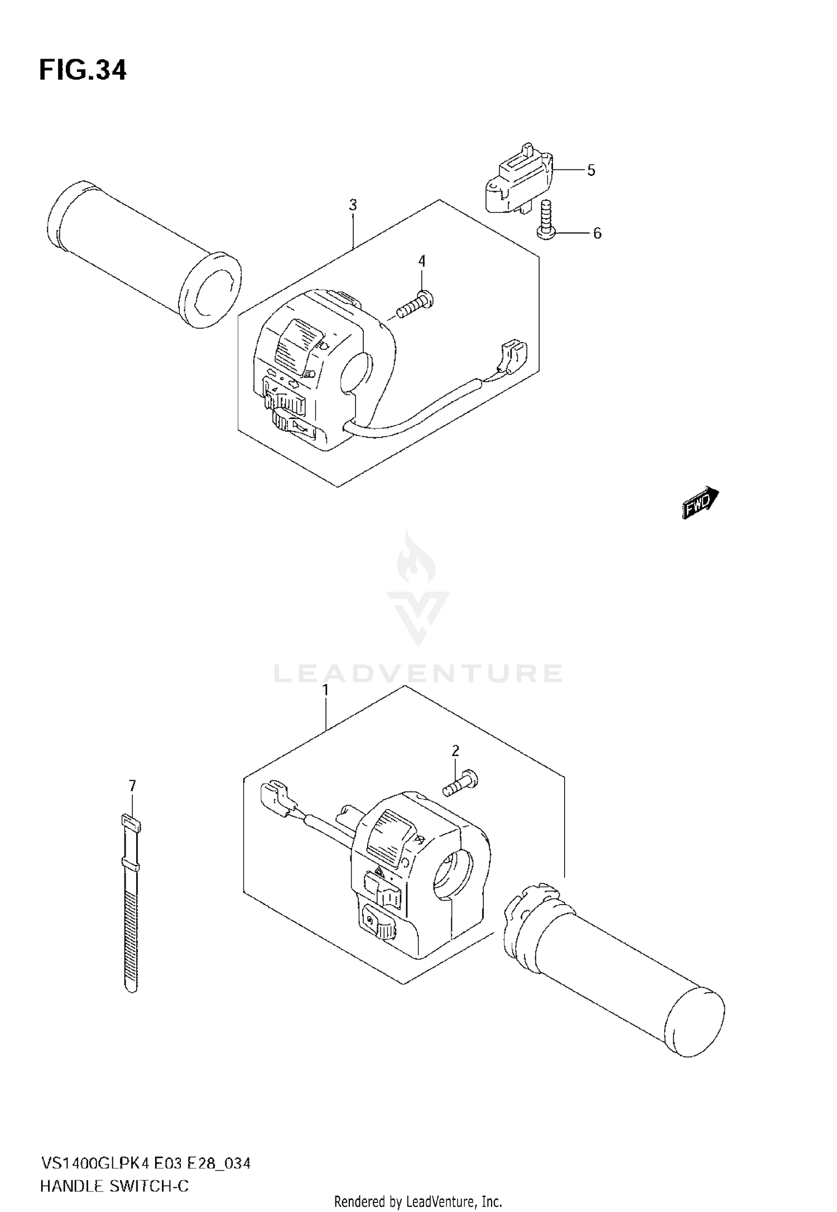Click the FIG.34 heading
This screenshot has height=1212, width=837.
(x=83, y=71)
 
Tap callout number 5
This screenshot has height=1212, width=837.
(x=591, y=170)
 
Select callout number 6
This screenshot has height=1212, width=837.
(x=597, y=233)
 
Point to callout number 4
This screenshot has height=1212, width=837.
(x=422, y=261)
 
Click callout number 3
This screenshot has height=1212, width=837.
(x=353, y=205)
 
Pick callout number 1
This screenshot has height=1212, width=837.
(x=325, y=690)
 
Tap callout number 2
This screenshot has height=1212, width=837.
(x=455, y=751)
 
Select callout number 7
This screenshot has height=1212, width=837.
(x=132, y=786)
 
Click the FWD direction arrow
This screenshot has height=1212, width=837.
(x=700, y=502)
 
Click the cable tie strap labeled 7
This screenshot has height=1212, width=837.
(x=131, y=904)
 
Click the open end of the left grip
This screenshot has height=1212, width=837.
(x=215, y=290)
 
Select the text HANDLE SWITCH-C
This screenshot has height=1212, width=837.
(x=114, y=1185)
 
